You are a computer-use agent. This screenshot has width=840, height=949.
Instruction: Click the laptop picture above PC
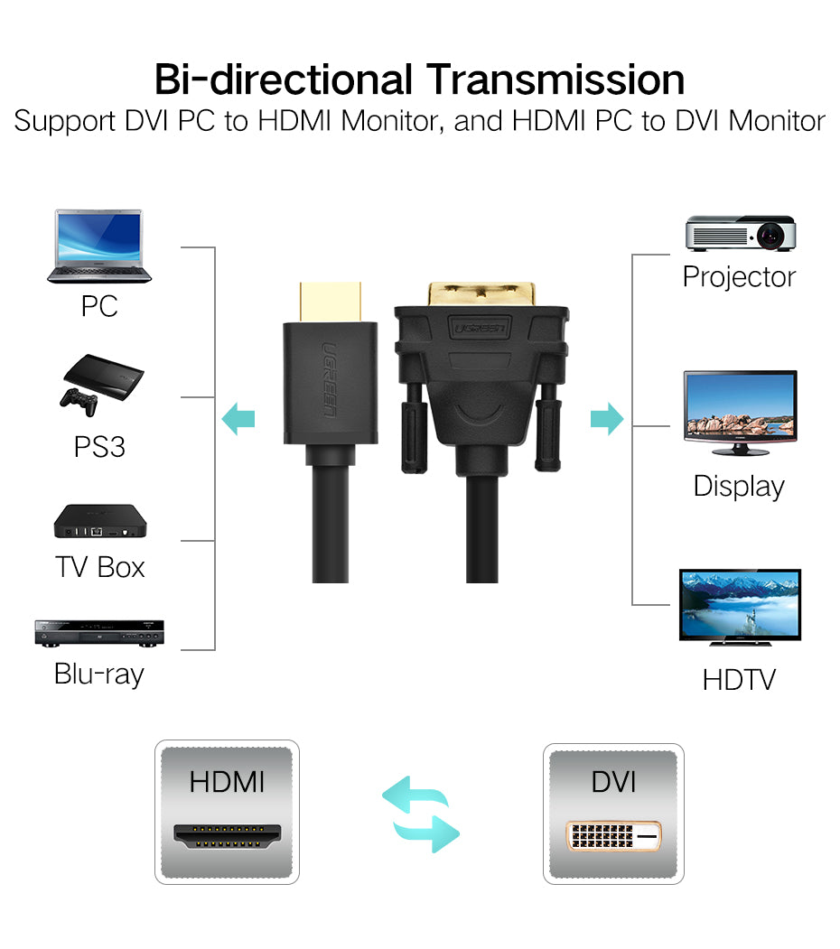[x=99, y=246]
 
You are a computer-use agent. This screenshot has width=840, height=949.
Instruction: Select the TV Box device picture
[x=99, y=521]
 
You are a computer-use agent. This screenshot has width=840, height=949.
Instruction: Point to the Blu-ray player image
[x=99, y=633]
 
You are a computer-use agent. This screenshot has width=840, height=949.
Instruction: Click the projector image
[x=740, y=233]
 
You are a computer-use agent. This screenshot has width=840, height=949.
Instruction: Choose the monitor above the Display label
[x=740, y=411]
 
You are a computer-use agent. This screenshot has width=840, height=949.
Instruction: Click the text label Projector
[x=739, y=276]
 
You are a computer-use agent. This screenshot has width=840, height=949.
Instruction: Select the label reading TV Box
[x=99, y=567]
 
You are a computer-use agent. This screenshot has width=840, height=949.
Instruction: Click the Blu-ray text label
[x=99, y=674]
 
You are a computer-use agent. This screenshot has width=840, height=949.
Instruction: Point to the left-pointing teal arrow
[x=239, y=419]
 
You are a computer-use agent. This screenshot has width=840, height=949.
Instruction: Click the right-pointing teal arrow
[x=606, y=419]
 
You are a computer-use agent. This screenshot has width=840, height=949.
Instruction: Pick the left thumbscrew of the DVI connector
[x=412, y=424]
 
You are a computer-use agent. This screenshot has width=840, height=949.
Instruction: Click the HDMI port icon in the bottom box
[x=227, y=836]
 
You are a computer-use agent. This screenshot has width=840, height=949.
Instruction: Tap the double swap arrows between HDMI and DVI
[x=420, y=814]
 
